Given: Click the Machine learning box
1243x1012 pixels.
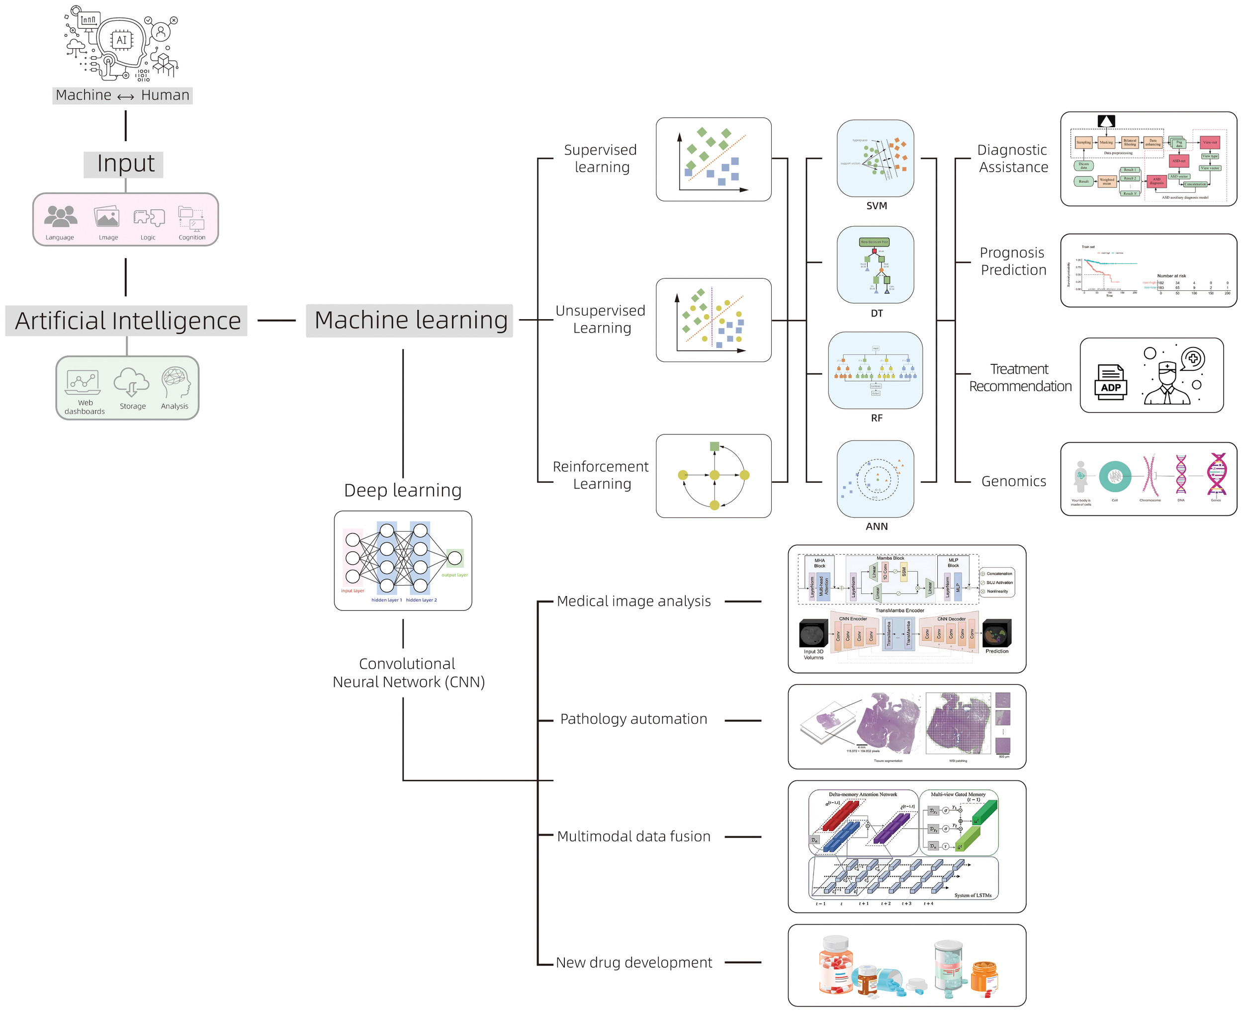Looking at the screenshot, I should (409, 320).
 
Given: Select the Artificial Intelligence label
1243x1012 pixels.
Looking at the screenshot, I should (126, 321).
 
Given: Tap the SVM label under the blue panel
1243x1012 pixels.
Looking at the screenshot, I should (876, 206).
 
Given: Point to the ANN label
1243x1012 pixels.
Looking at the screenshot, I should (876, 526).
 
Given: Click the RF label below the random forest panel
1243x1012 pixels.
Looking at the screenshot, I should (876, 418).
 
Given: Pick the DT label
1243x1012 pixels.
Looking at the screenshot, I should (876, 313).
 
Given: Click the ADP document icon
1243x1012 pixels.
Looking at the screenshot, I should (1110, 382).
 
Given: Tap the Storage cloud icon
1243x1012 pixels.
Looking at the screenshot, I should (131, 382).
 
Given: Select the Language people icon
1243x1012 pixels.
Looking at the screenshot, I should (60, 216).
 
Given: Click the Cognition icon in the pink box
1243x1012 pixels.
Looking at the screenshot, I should (191, 219).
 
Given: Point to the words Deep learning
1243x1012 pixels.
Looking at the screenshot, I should (402, 490).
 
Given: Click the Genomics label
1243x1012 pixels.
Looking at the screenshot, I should (1013, 481).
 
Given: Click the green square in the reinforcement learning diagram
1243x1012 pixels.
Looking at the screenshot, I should (714, 446).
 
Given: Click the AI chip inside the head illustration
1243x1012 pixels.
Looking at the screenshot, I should (121, 40).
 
